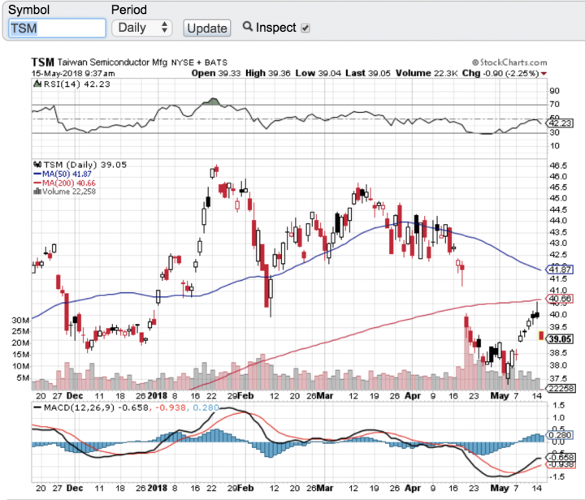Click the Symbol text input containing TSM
(x=57, y=28)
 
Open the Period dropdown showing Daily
(x=142, y=28)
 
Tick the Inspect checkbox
(x=305, y=28)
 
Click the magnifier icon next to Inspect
(x=249, y=27)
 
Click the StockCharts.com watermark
(x=503, y=62)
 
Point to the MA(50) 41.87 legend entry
(x=57, y=173)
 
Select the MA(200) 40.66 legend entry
(x=58, y=183)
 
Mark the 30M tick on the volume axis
(x=19, y=320)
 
